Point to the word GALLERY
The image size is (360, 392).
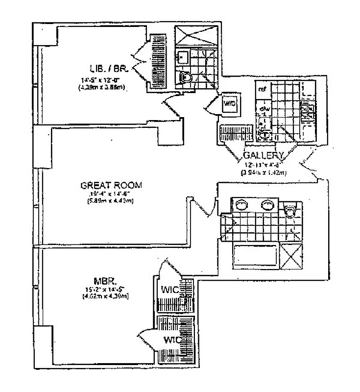[x=264, y=156]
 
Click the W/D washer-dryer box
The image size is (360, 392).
[x=229, y=104]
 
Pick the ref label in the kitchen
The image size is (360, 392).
[x=263, y=89]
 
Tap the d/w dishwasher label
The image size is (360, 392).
[x=263, y=108]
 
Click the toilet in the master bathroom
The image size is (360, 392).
[x=289, y=210]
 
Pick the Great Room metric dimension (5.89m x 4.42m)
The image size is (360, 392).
[x=111, y=200]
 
